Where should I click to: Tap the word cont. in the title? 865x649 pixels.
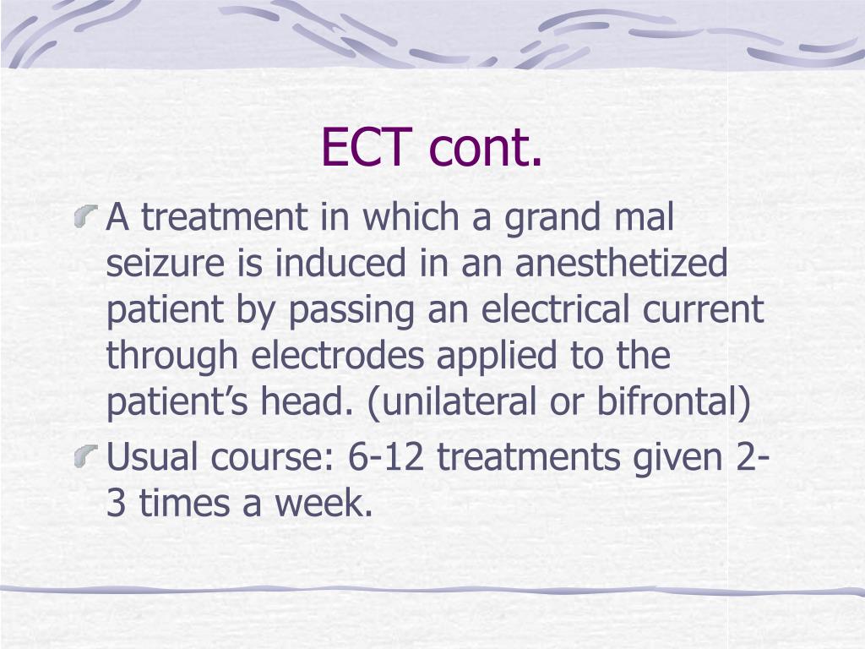point(485,148)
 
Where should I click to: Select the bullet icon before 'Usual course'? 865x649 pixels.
point(90,458)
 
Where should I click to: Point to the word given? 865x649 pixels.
point(667,460)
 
